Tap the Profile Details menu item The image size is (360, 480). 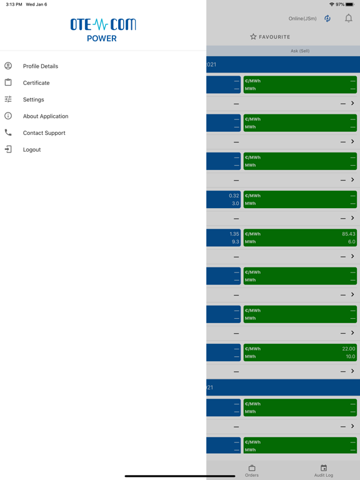point(41,66)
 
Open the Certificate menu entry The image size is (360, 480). point(36,83)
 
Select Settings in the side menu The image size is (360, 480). point(33,99)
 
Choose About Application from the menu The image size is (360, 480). point(46,116)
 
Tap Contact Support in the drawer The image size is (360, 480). point(44,133)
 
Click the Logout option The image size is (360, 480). point(32,150)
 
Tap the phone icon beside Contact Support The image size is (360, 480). point(8,132)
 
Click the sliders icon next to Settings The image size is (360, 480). point(8,99)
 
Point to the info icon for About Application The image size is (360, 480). point(8,116)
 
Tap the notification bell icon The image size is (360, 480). point(348,18)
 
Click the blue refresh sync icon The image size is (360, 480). point(327,19)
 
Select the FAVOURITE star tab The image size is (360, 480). point(270,37)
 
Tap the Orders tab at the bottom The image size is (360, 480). point(252,471)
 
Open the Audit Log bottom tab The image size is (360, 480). point(324,471)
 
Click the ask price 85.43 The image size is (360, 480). point(349,234)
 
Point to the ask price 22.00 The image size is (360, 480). point(349,349)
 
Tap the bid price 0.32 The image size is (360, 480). point(234,196)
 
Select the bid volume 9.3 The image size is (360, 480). point(236,241)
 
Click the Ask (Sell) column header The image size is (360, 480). point(300,51)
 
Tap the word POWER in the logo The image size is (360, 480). point(102,39)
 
